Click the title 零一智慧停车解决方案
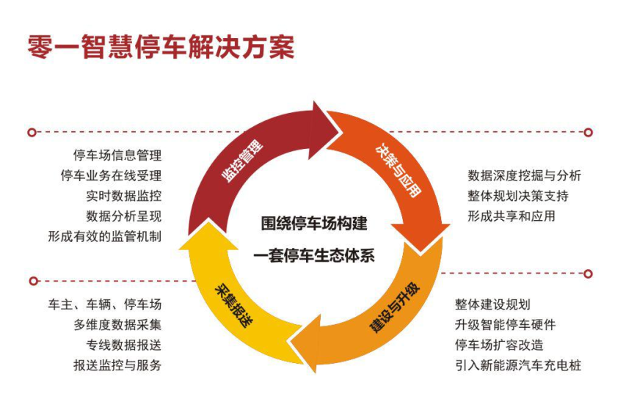[161, 46]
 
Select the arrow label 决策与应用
[397, 170]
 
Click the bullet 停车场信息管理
[117, 155]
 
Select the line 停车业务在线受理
[111, 176]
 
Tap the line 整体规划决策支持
[517, 196]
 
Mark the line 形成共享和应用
[512, 216]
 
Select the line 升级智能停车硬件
[505, 325]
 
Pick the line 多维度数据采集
[117, 325]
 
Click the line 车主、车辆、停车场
[104, 304]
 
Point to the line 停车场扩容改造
[499, 345]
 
